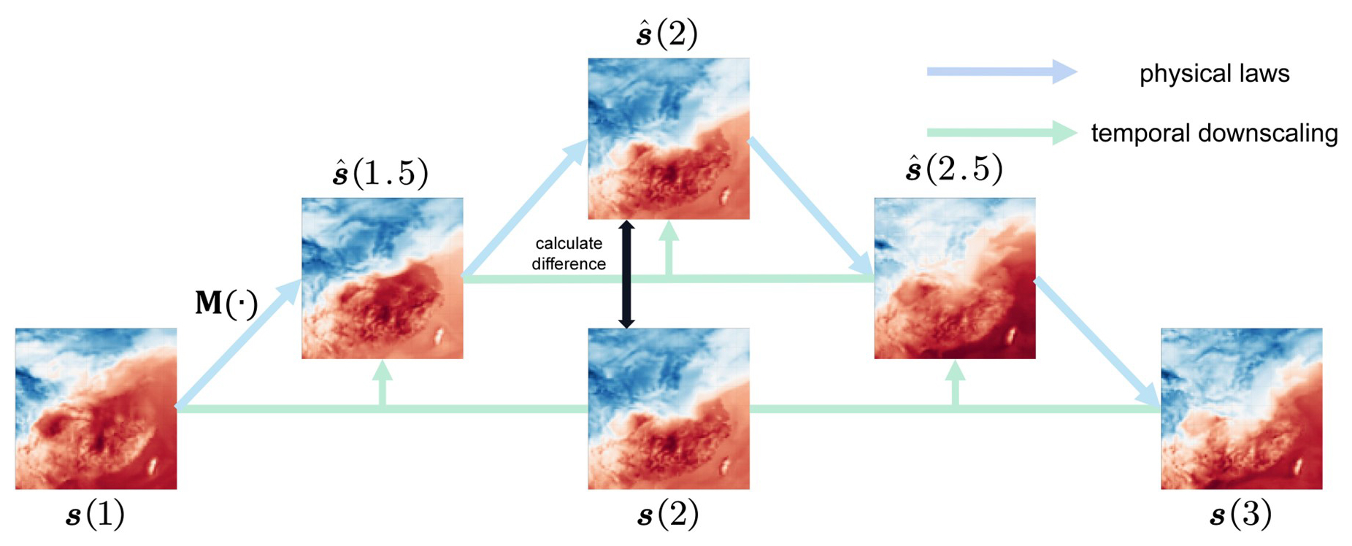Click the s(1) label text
(x=96, y=515)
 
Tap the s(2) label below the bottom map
(x=668, y=515)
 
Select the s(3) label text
(x=1241, y=515)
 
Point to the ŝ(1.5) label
(x=380, y=173)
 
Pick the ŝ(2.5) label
(x=953, y=169)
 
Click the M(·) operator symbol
(x=226, y=304)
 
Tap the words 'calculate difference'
(x=569, y=253)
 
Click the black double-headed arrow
(x=626, y=274)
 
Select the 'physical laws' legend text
(x=1214, y=74)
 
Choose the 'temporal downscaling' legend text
(x=1214, y=134)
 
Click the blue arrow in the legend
(x=1001, y=72)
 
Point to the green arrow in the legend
(x=1001, y=133)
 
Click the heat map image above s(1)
(x=96, y=408)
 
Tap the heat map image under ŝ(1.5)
(x=382, y=278)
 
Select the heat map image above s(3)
(x=1241, y=408)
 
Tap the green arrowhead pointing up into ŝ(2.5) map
(x=955, y=372)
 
